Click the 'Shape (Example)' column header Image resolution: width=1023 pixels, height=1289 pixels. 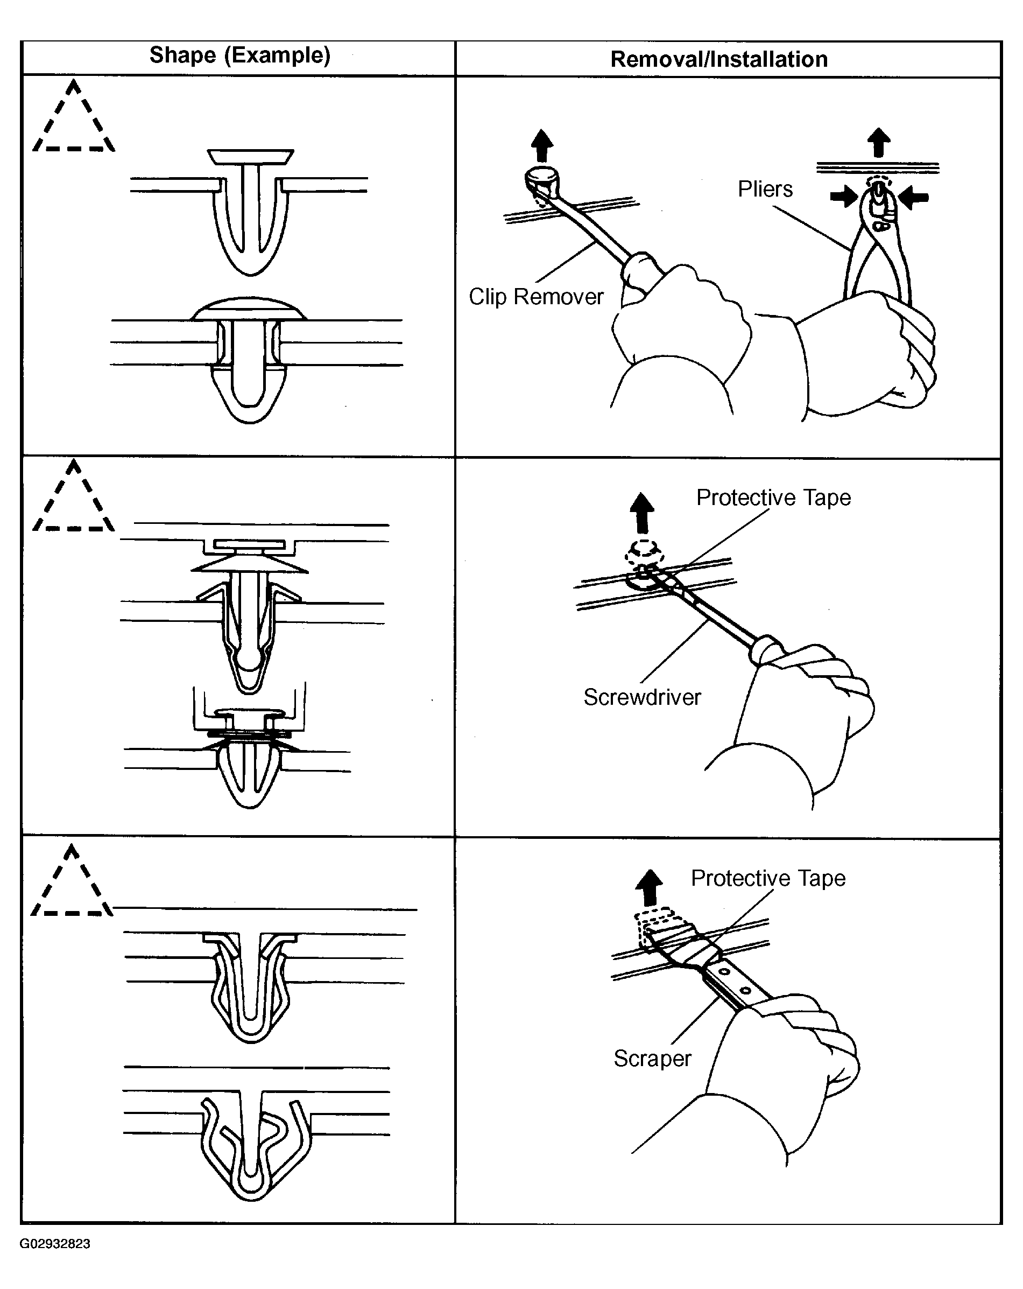point(239,55)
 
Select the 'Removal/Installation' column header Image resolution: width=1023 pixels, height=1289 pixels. point(719,59)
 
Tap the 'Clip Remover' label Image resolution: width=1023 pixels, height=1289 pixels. point(536,297)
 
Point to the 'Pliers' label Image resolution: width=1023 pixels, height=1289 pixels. point(765,189)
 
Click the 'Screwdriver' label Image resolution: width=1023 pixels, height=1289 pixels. point(642,697)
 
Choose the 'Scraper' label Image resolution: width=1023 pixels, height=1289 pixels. point(652,1058)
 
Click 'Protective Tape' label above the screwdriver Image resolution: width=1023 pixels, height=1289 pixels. point(773,498)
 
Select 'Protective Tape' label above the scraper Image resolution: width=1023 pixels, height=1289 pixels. point(768,878)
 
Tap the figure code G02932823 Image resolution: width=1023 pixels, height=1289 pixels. point(55,1244)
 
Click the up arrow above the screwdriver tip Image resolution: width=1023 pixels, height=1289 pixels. point(642,513)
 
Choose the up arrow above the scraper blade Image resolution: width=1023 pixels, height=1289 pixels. point(649,887)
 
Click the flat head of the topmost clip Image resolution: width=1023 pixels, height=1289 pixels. point(250,157)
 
